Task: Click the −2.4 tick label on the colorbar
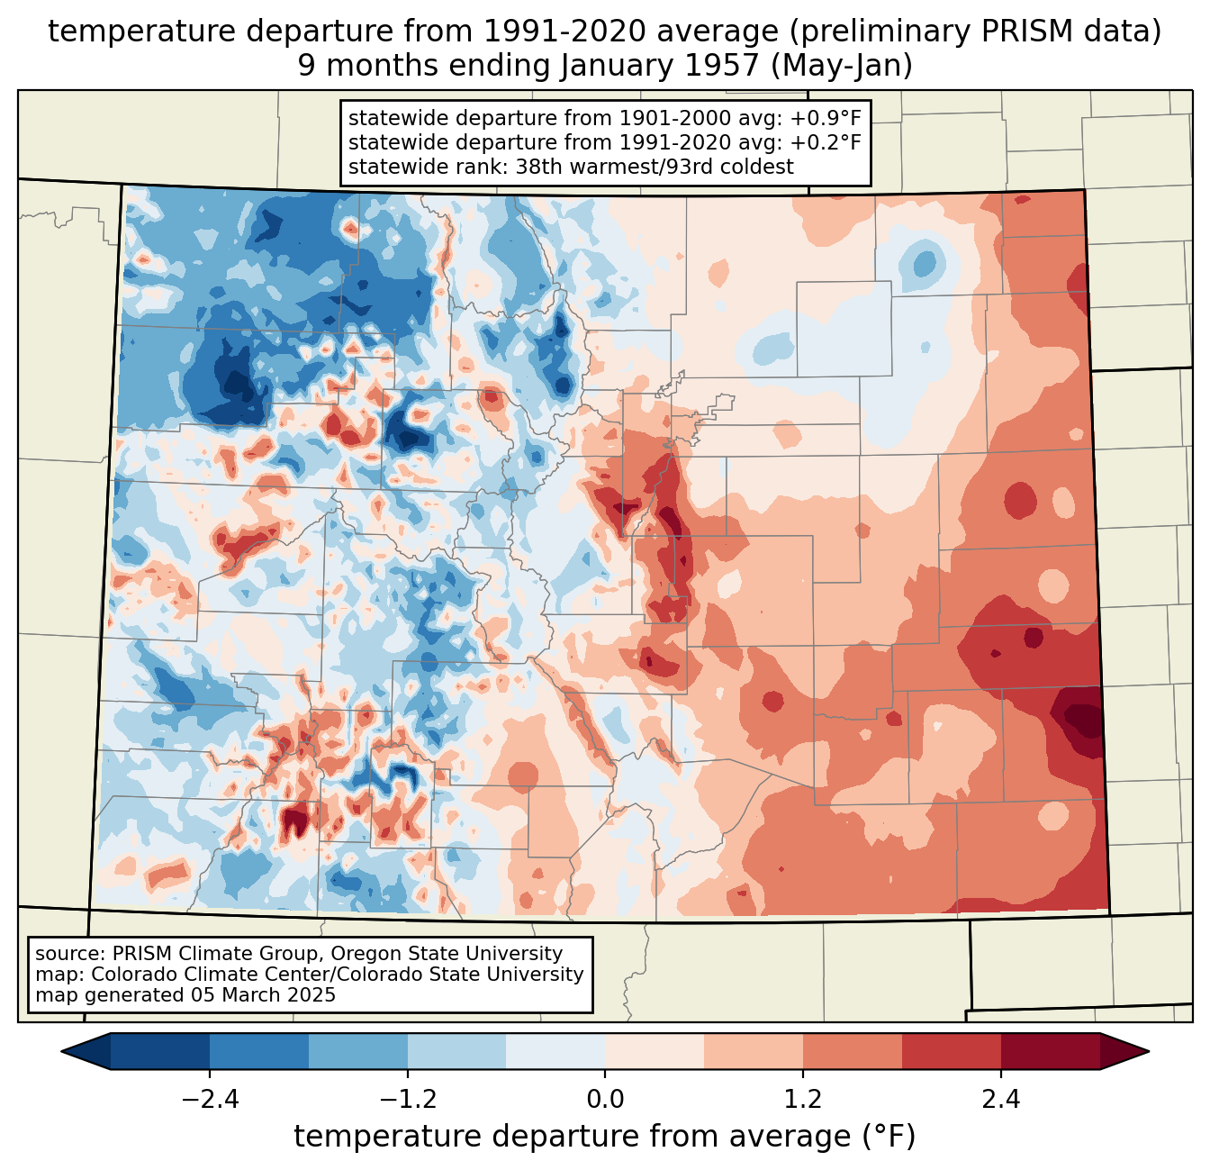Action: point(210,1100)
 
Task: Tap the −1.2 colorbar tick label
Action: point(408,1100)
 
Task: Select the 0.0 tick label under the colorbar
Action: point(605,1100)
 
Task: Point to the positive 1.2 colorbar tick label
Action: point(803,1100)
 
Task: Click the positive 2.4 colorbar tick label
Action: point(1000,1100)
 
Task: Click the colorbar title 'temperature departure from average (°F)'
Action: point(605,1137)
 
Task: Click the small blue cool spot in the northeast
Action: point(924,265)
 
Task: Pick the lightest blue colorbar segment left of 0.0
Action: point(555,1051)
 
